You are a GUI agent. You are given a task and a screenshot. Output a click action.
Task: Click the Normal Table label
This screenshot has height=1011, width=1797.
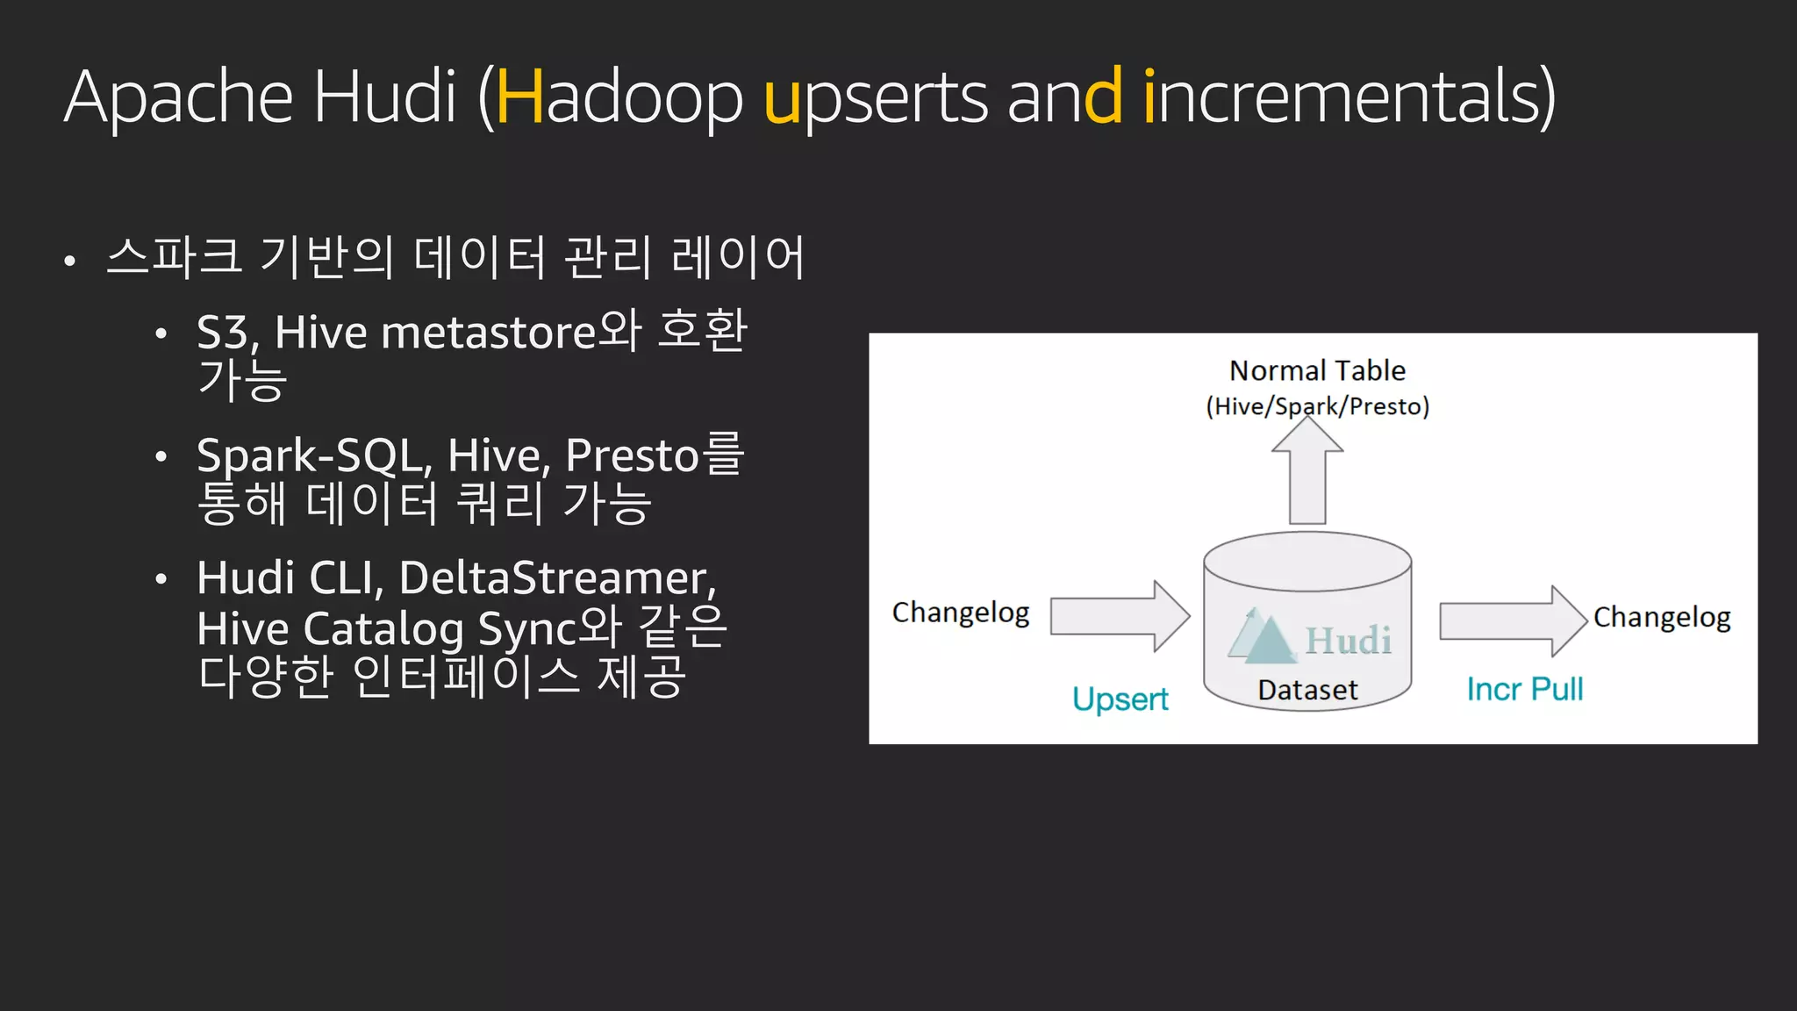point(1317,370)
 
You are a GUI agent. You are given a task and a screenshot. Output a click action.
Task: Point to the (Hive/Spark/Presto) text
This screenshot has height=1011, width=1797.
point(1317,406)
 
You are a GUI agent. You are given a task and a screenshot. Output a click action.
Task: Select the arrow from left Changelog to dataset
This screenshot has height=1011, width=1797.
point(1120,616)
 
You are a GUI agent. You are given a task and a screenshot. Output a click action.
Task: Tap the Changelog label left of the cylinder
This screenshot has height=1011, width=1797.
point(961,612)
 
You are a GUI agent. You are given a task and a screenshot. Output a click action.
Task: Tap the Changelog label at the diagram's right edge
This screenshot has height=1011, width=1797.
point(1661,617)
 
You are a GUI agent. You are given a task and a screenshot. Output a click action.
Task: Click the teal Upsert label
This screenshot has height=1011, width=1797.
point(1120,699)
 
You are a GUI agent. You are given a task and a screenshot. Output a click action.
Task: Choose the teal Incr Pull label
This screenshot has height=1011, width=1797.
point(1524,689)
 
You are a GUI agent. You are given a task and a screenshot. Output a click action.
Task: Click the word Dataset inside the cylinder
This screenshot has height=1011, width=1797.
point(1307,690)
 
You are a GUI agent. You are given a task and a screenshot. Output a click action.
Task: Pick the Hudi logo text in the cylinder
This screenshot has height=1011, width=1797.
point(1348,640)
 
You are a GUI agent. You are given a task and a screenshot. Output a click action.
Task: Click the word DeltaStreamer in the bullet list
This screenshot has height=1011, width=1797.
point(556,578)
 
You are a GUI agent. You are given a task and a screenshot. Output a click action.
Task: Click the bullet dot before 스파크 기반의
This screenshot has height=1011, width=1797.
point(70,261)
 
